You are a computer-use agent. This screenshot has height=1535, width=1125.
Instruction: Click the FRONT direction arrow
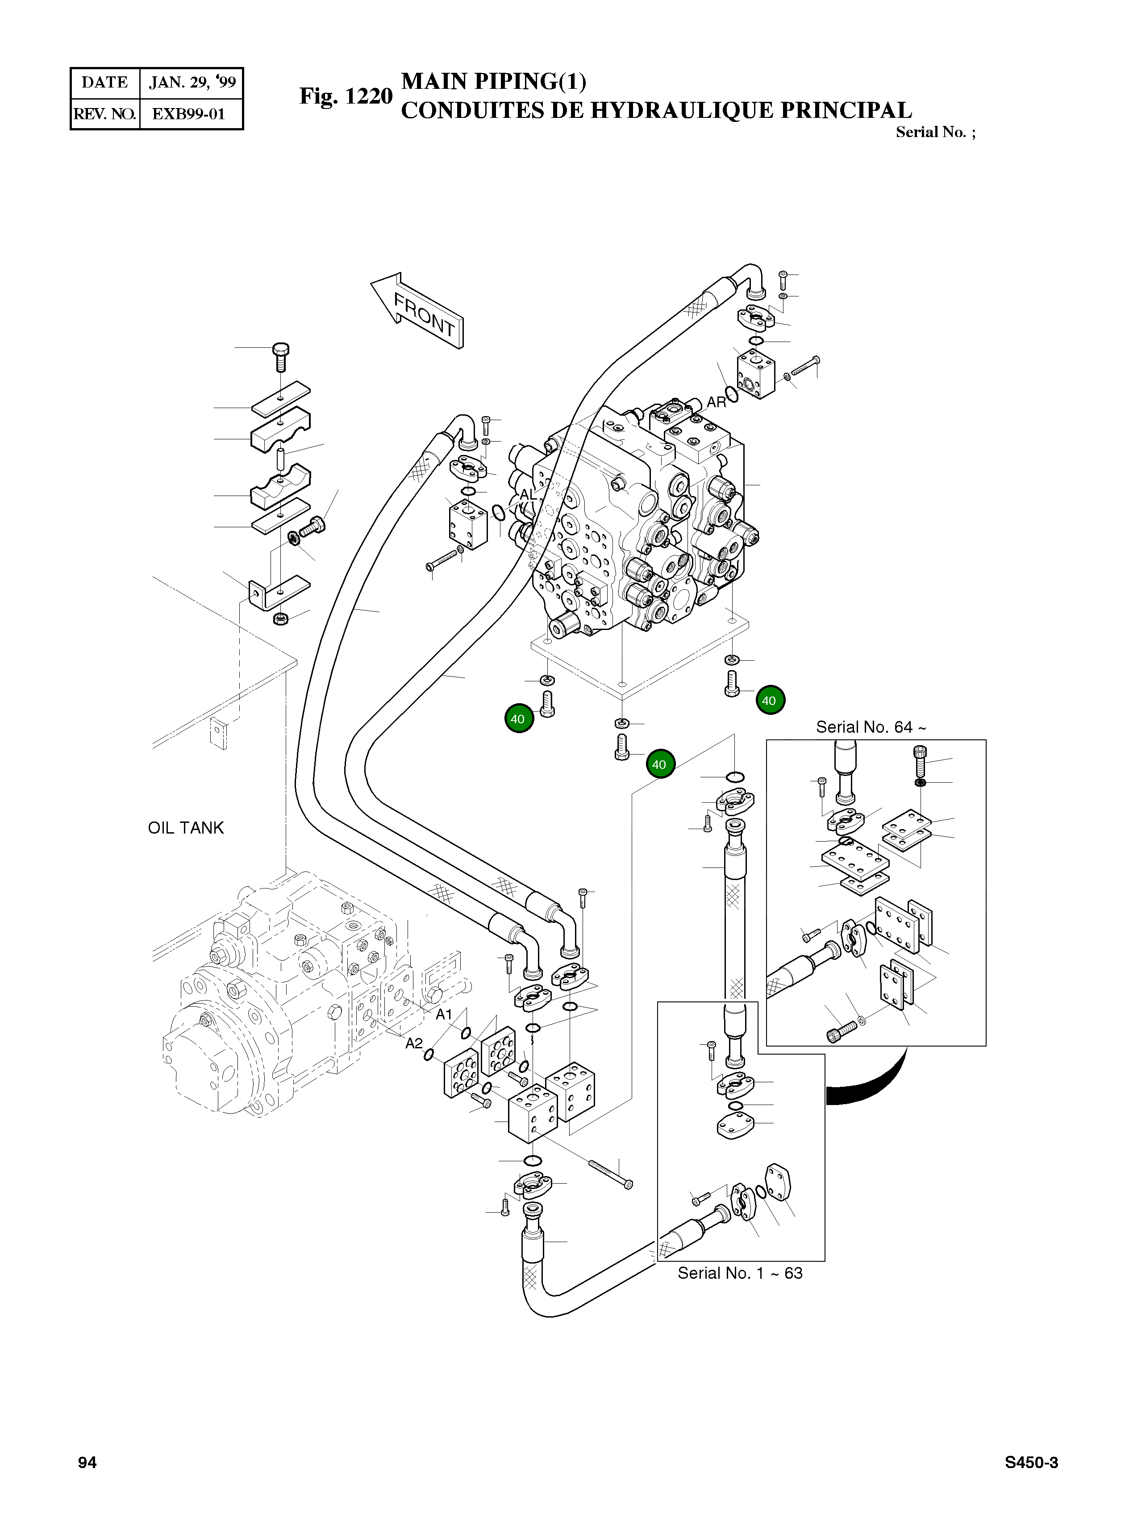pos(417,311)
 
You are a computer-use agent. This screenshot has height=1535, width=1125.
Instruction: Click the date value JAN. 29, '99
pos(192,83)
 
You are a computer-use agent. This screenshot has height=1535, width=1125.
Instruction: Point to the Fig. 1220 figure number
pos(346,96)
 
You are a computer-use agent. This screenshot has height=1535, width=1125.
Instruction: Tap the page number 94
pos(87,1462)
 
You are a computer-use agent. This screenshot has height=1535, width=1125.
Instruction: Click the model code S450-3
pos(1031,1462)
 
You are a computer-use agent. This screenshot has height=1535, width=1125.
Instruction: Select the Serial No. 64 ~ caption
pos(871,727)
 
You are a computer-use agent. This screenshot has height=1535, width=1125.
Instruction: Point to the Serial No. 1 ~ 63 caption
pos(740,1273)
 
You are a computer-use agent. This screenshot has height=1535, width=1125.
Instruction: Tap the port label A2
pos(414,1043)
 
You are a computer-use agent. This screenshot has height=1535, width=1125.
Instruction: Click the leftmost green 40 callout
pos(519,718)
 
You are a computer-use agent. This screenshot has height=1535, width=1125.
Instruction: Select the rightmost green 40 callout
pos(770,700)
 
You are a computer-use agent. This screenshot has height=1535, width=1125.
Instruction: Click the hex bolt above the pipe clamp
pos(280,355)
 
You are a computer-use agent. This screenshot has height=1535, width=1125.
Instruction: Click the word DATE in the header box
pos(105,83)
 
